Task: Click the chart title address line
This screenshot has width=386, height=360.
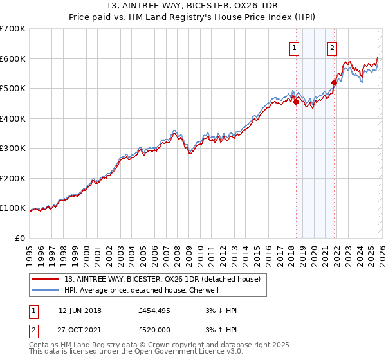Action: click(192, 6)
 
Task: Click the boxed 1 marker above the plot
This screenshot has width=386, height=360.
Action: click(294, 47)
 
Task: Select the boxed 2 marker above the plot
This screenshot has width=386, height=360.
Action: click(333, 47)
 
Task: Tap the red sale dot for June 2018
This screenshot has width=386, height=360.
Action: click(296, 102)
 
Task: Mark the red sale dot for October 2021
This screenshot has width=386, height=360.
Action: click(335, 82)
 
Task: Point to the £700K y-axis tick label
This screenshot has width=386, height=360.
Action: click(13, 29)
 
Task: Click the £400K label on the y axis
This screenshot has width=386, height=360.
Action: click(13, 118)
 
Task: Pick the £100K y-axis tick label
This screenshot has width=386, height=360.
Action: click(13, 208)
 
